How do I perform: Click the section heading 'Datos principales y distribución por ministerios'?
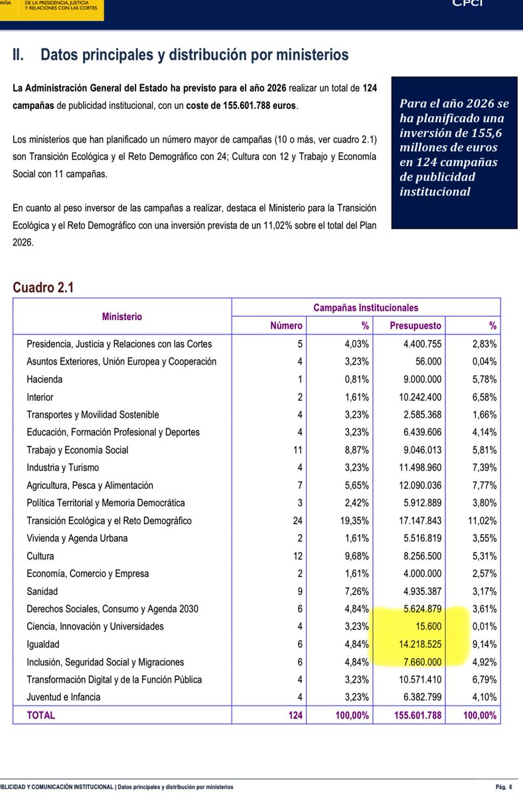click(x=194, y=55)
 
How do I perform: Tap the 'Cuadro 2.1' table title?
click(x=42, y=288)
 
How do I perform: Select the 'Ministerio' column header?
click(x=122, y=317)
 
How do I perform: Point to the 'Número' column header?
click(x=286, y=325)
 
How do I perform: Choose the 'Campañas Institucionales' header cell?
click(x=366, y=308)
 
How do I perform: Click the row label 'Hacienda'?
click(x=44, y=379)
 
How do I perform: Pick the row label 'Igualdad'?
click(x=43, y=644)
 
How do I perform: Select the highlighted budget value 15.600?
click(x=429, y=626)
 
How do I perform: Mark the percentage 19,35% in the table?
click(x=352, y=521)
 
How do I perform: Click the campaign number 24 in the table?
click(x=297, y=521)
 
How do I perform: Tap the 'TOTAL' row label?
click(x=41, y=715)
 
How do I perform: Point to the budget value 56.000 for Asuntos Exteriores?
click(x=429, y=362)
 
